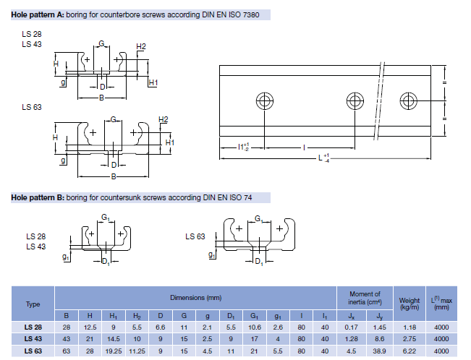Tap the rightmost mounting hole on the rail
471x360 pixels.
408,100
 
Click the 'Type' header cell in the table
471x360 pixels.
33,304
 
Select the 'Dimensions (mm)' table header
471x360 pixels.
195,297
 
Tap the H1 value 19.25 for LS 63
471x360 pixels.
114,351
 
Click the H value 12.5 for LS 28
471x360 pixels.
89,327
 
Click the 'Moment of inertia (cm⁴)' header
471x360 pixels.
365,298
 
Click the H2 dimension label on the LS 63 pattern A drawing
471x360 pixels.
164,120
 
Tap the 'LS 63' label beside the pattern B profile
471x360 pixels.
195,236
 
